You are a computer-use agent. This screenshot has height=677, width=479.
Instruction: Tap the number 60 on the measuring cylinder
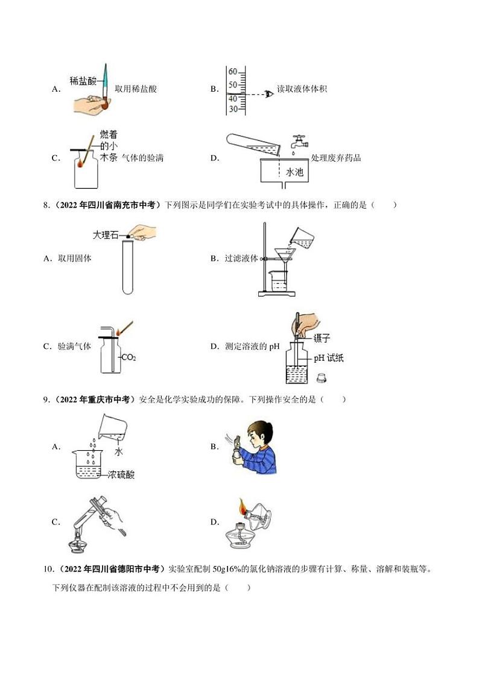pos(232,71)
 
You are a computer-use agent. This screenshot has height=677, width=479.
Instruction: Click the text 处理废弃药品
pos(336,158)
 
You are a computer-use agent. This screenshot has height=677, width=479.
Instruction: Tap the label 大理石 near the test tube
pos(107,235)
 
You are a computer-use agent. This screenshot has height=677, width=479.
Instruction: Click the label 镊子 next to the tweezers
pos(322,338)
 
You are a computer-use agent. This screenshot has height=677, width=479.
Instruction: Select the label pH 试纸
pos(328,358)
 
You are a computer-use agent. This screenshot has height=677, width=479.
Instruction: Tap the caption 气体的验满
pos(142,158)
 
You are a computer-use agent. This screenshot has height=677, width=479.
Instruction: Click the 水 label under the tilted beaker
pos(118,451)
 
